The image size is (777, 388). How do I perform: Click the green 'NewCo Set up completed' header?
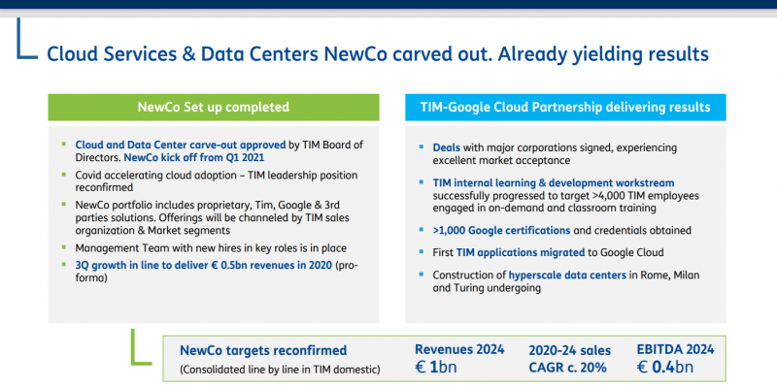tap(214, 108)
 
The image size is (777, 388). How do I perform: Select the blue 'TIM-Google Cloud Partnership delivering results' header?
tap(565, 108)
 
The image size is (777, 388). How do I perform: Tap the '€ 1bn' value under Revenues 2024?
tap(435, 368)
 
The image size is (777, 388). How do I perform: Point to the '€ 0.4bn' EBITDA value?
tap(665, 368)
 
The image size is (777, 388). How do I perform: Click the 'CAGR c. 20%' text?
tap(568, 368)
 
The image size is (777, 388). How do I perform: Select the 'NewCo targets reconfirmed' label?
tap(263, 351)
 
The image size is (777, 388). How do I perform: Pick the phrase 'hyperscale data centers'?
tap(567, 275)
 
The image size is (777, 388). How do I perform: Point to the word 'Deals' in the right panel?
tap(447, 148)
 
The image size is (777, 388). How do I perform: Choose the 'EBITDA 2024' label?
tap(675, 349)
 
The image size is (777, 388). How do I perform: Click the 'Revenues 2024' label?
tap(459, 349)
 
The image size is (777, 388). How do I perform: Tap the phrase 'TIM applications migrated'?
tap(521, 252)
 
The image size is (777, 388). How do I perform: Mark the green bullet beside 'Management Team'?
tap(63, 246)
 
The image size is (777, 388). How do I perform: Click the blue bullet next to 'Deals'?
tap(422, 147)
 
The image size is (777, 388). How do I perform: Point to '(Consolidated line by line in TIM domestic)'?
tap(280, 369)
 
